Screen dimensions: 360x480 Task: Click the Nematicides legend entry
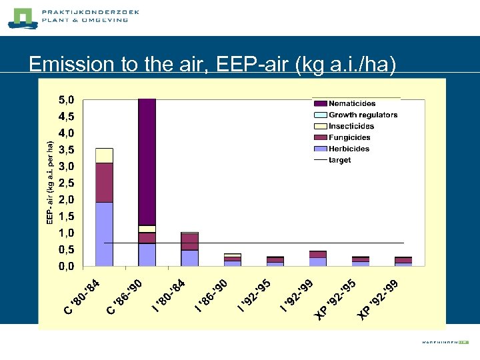point(352,103)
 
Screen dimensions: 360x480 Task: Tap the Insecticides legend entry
point(351,126)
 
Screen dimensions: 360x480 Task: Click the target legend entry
point(339,160)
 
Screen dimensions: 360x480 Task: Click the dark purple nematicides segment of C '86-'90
point(147,160)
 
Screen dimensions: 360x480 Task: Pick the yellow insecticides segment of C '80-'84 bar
point(104,155)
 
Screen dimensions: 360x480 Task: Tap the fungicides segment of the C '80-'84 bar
point(104,182)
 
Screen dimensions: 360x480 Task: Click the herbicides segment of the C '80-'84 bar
point(104,233)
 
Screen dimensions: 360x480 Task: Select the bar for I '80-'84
point(190,249)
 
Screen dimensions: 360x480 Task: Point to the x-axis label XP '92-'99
point(377,299)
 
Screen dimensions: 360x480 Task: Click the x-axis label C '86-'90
point(126,297)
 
